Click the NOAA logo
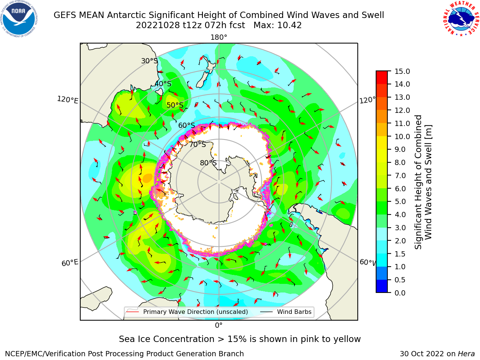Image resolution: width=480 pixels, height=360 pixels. pos(19,19)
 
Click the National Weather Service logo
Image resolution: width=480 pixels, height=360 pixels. pos(461,19)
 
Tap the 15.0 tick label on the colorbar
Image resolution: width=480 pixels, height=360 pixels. pos(402,72)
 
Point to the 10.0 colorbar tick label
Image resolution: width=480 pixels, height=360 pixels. pos(402,136)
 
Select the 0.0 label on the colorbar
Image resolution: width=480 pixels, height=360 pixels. pos(400,293)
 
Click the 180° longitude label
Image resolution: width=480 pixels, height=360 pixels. pos(219,37)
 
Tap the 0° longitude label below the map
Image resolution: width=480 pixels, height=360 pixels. pos(219,325)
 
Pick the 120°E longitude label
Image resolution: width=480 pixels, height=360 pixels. pos(67,100)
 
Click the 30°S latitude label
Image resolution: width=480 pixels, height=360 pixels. pos(149,61)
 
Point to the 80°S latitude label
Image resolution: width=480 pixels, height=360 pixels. pos(208,163)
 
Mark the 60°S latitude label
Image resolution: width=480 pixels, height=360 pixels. pos(186,126)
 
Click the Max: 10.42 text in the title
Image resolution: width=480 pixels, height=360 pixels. pos(277,25)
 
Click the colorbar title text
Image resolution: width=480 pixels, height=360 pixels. pos(423,182)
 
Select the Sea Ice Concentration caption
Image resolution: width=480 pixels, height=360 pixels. pos(240,339)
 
